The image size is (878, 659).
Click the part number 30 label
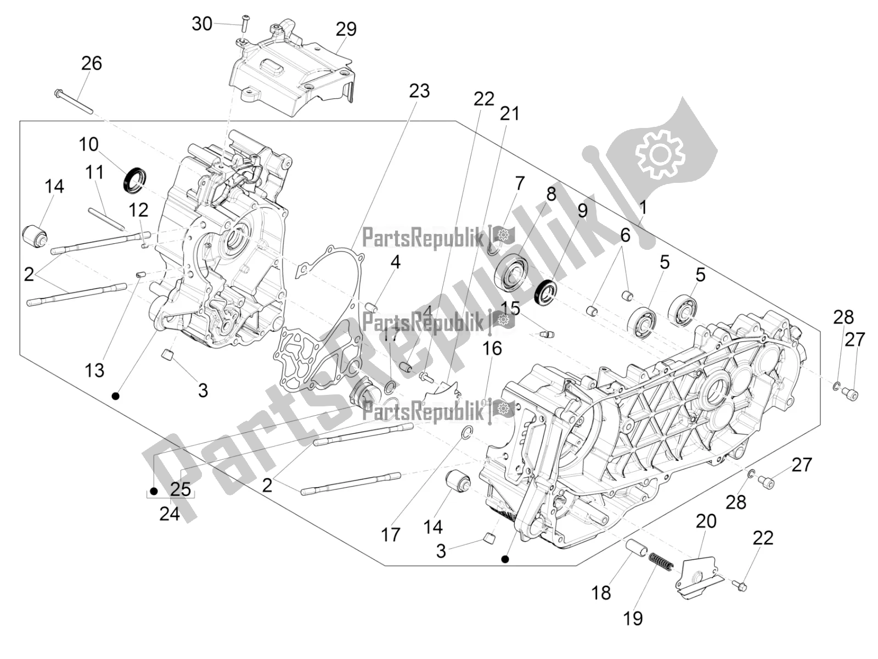pyautogui.click(x=202, y=24)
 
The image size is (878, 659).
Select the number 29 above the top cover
pyautogui.click(x=346, y=29)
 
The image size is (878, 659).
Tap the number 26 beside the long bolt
pyautogui.click(x=92, y=63)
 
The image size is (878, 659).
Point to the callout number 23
pyautogui.click(x=419, y=91)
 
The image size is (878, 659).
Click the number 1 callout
pyautogui.click(x=643, y=208)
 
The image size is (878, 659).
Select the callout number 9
pyautogui.click(x=582, y=210)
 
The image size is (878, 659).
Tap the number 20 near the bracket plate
pyautogui.click(x=706, y=521)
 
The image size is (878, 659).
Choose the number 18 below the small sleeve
pyautogui.click(x=601, y=593)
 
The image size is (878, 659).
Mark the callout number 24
pyautogui.click(x=169, y=514)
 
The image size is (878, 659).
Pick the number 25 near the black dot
pyautogui.click(x=180, y=488)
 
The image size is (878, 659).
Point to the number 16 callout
pyautogui.click(x=492, y=348)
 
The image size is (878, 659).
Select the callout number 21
pyautogui.click(x=509, y=114)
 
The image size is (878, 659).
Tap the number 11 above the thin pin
pyautogui.click(x=94, y=172)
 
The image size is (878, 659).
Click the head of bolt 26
pyautogui.click(x=58, y=93)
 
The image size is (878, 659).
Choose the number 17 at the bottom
pyautogui.click(x=391, y=534)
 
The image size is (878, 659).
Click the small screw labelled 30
pyautogui.click(x=245, y=22)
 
